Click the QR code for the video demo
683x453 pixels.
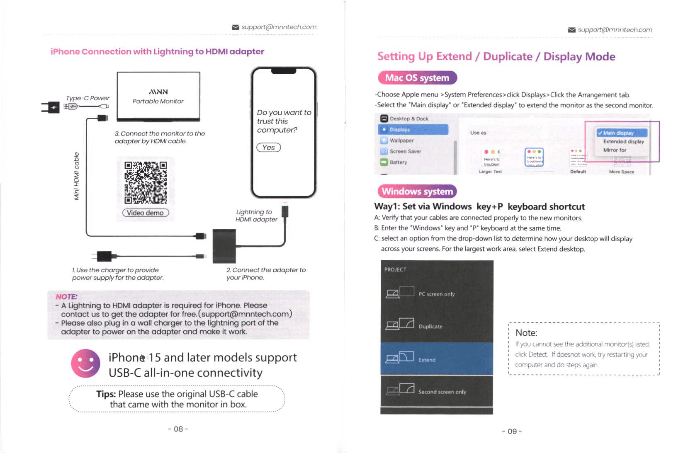(146, 182)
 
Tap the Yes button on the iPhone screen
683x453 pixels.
(269, 148)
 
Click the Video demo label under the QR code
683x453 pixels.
(146, 213)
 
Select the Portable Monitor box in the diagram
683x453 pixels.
(158, 96)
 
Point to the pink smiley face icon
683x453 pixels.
(86, 363)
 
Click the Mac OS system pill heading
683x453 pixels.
(417, 78)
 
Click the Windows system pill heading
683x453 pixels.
(417, 191)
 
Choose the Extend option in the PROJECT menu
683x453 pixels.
(437, 359)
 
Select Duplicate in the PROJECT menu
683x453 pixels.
(437, 326)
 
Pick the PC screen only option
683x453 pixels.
(437, 293)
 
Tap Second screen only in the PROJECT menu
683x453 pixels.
(437, 391)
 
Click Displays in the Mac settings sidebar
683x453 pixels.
(413, 130)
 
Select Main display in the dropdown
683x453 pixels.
(621, 133)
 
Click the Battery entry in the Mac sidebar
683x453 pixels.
(398, 162)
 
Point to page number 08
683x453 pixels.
(178, 429)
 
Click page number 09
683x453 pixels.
(512, 431)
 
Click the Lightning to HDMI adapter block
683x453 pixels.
(224, 246)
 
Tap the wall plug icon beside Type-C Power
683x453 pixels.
(51, 107)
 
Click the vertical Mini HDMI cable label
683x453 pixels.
(76, 176)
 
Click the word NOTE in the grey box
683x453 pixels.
(66, 297)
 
